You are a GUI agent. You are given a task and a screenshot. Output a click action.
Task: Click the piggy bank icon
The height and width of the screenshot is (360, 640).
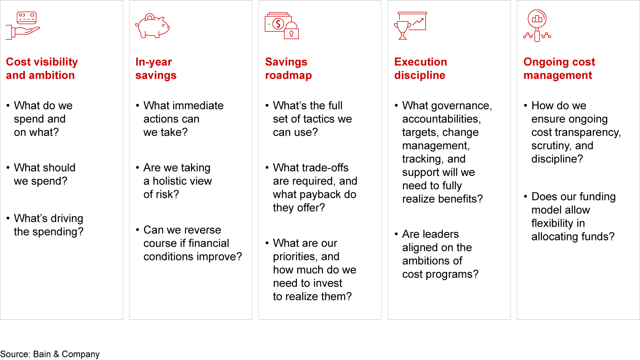(x=152, y=26)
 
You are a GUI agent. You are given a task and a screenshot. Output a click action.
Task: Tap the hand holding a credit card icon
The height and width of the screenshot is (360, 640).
(x=23, y=26)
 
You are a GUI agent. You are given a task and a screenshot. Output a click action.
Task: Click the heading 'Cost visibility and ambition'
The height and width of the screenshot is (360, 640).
(x=42, y=68)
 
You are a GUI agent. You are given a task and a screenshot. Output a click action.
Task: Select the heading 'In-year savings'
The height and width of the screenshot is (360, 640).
(x=156, y=68)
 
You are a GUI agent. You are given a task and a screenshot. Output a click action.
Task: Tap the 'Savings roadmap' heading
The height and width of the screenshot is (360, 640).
(x=288, y=68)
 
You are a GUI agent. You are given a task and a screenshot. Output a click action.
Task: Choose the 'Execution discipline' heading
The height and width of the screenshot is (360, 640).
(x=420, y=68)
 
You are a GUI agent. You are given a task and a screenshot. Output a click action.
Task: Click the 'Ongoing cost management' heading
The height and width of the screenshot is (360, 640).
(x=559, y=68)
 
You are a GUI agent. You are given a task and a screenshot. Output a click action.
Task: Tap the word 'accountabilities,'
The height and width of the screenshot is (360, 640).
(x=441, y=119)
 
